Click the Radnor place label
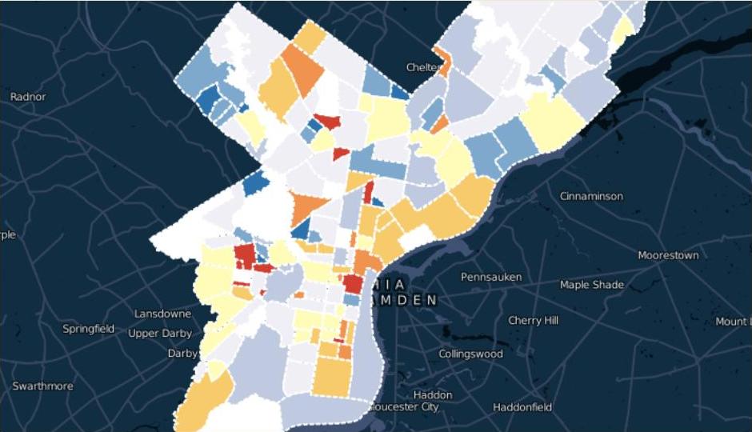(28, 97)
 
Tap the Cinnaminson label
(591, 196)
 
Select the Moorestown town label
(668, 255)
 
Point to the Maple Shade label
(591, 285)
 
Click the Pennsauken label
(491, 277)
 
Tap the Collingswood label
(470, 354)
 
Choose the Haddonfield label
(522, 407)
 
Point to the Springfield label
(88, 329)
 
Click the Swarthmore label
(42, 386)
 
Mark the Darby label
(183, 353)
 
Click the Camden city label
(404, 300)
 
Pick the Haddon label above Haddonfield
(433, 394)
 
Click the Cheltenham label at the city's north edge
(422, 67)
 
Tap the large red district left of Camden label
(353, 284)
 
